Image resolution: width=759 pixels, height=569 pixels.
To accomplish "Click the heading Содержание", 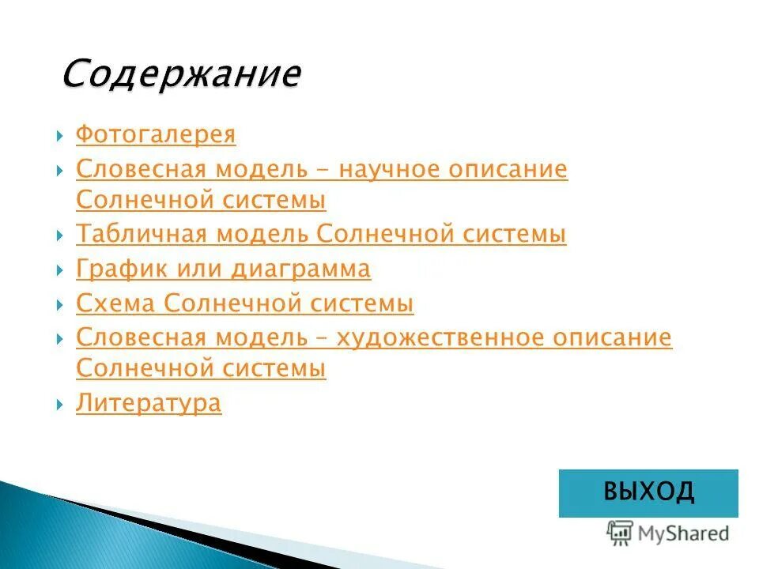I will point(181,74).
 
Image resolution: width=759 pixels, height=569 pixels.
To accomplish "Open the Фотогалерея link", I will point(156,134).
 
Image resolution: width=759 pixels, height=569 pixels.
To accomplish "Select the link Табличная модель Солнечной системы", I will point(321,235).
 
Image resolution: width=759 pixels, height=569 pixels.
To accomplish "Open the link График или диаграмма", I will point(223,269).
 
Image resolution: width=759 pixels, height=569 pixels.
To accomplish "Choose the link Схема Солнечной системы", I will point(244,303).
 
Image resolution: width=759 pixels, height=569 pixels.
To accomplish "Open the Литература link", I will point(149,404).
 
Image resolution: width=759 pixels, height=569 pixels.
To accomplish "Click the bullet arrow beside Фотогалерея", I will point(61,136).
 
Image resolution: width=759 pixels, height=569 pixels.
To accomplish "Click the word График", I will point(115,269).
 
